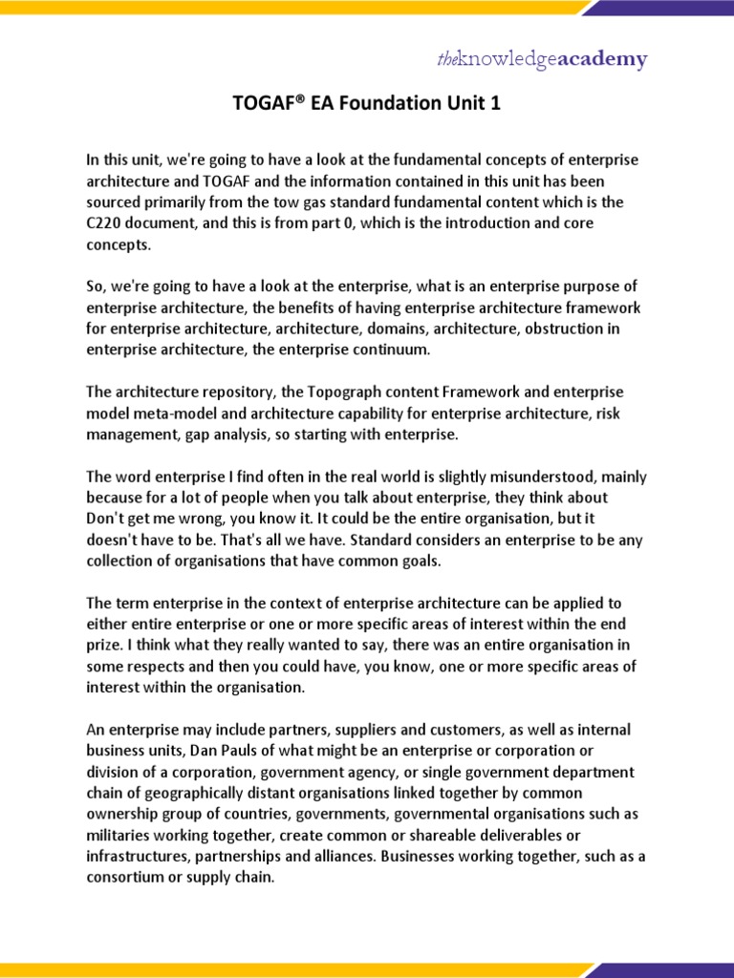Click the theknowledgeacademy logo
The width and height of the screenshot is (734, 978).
pos(542,60)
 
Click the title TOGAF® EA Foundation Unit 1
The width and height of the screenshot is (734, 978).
pos(367,104)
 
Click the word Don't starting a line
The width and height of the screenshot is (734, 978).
pos(107,519)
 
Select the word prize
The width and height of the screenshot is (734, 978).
pos(105,645)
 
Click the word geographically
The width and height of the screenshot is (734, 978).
pos(196,793)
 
